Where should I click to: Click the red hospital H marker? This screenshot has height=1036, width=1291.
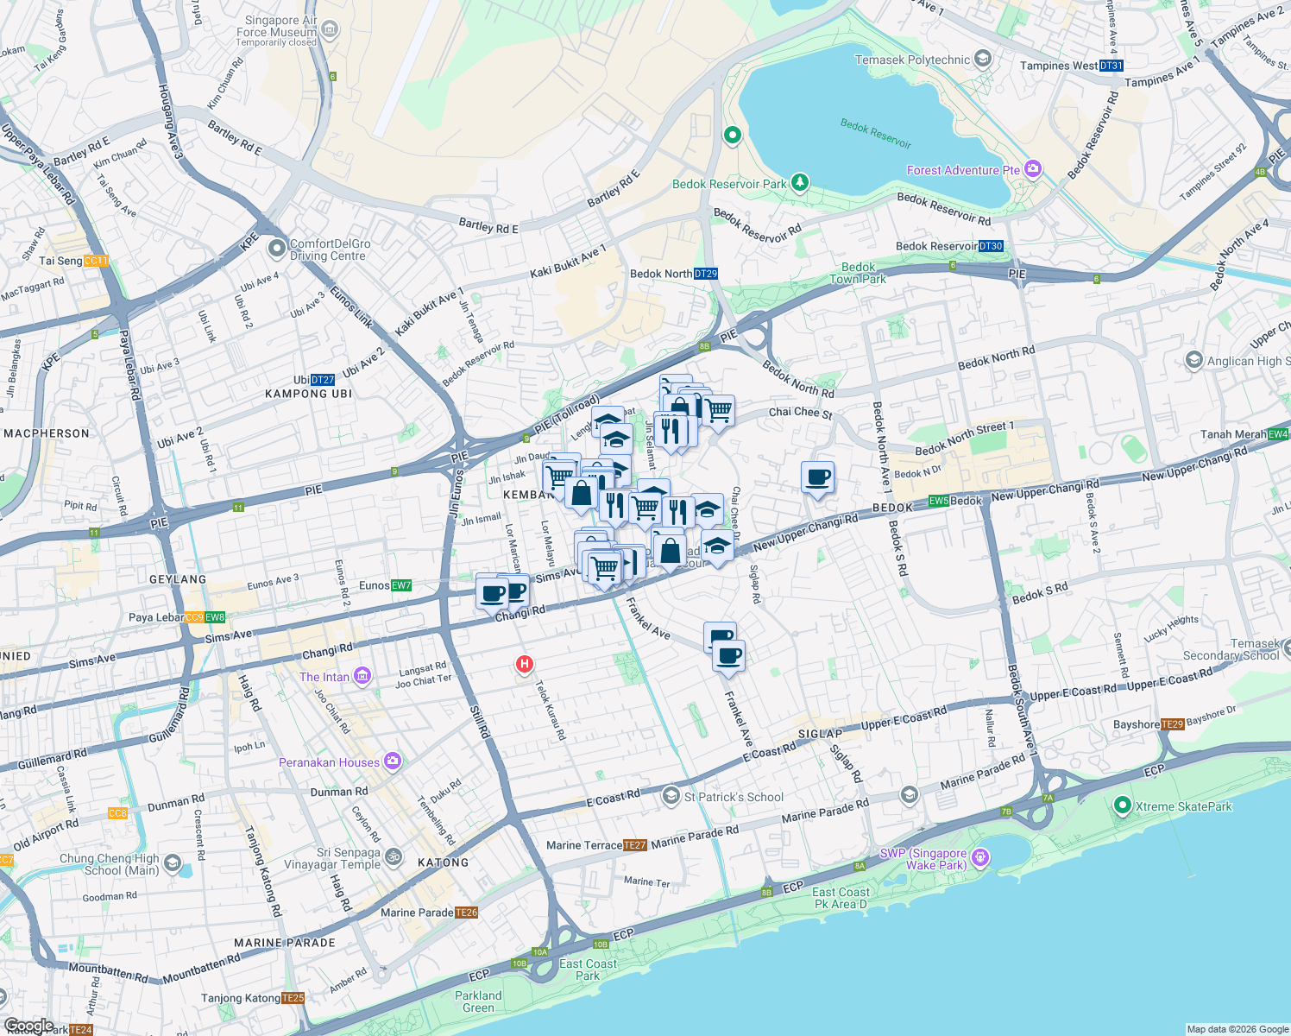[x=524, y=664]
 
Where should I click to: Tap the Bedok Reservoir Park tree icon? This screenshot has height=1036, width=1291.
[x=800, y=182]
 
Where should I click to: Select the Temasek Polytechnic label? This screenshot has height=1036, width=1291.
[x=912, y=60]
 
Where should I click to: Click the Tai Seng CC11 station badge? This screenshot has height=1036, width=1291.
[x=96, y=261]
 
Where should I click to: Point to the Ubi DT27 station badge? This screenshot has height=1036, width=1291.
[x=322, y=380]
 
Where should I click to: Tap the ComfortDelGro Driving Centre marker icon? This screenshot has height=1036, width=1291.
[x=277, y=250]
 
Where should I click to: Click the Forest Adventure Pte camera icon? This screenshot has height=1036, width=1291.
[x=1033, y=169]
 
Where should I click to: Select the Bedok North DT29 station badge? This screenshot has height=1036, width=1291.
[x=705, y=274]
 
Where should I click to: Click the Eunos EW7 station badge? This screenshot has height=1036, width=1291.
[x=401, y=585]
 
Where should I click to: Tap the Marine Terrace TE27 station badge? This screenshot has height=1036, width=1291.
[x=634, y=845]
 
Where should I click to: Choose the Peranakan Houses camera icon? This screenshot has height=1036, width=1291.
[x=393, y=761]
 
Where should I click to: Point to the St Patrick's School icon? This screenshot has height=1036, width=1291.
[x=671, y=796]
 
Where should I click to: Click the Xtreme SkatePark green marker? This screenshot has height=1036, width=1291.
[x=1122, y=806]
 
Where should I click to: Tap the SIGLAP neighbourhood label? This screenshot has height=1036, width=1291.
[x=819, y=734]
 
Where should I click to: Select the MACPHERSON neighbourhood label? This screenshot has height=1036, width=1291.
[x=47, y=433]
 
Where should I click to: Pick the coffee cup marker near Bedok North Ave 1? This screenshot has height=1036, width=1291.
[x=817, y=477]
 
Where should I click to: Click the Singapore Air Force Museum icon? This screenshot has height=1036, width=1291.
[x=329, y=30]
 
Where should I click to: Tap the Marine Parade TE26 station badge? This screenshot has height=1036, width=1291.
[x=466, y=913]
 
